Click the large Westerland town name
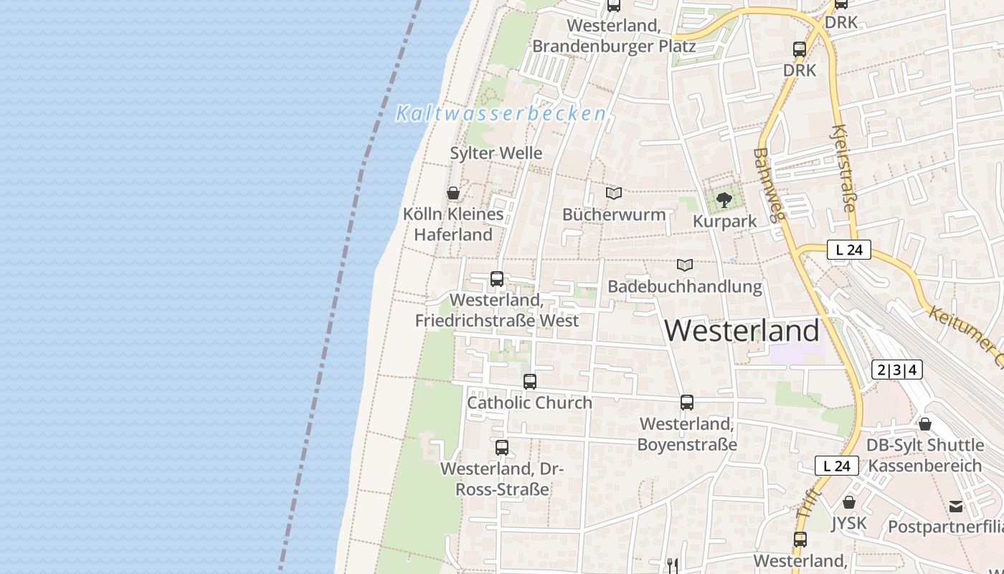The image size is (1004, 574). click(741, 331)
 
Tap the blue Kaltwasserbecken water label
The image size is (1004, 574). click(501, 113)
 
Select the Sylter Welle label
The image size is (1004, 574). click(496, 153)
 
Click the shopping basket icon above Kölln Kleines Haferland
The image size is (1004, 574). click(453, 193)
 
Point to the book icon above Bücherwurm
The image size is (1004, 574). click(613, 193)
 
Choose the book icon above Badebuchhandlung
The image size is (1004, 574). click(685, 265)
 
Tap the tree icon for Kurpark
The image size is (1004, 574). click(724, 199)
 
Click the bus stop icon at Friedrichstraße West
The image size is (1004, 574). click(496, 279)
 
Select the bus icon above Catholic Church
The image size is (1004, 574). click(530, 382)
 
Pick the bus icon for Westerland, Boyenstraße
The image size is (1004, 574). click(687, 403)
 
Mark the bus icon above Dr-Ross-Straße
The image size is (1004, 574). click(502, 448)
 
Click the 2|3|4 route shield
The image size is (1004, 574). click(896, 370)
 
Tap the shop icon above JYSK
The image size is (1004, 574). click(849, 502)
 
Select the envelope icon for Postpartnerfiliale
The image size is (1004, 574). click(956, 507)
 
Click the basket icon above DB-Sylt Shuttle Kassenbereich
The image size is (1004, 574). click(925, 424)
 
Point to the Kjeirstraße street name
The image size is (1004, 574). click(843, 168)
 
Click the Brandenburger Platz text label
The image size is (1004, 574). click(614, 46)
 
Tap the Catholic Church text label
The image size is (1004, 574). click(530, 403)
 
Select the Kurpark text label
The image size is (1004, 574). click(724, 221)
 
